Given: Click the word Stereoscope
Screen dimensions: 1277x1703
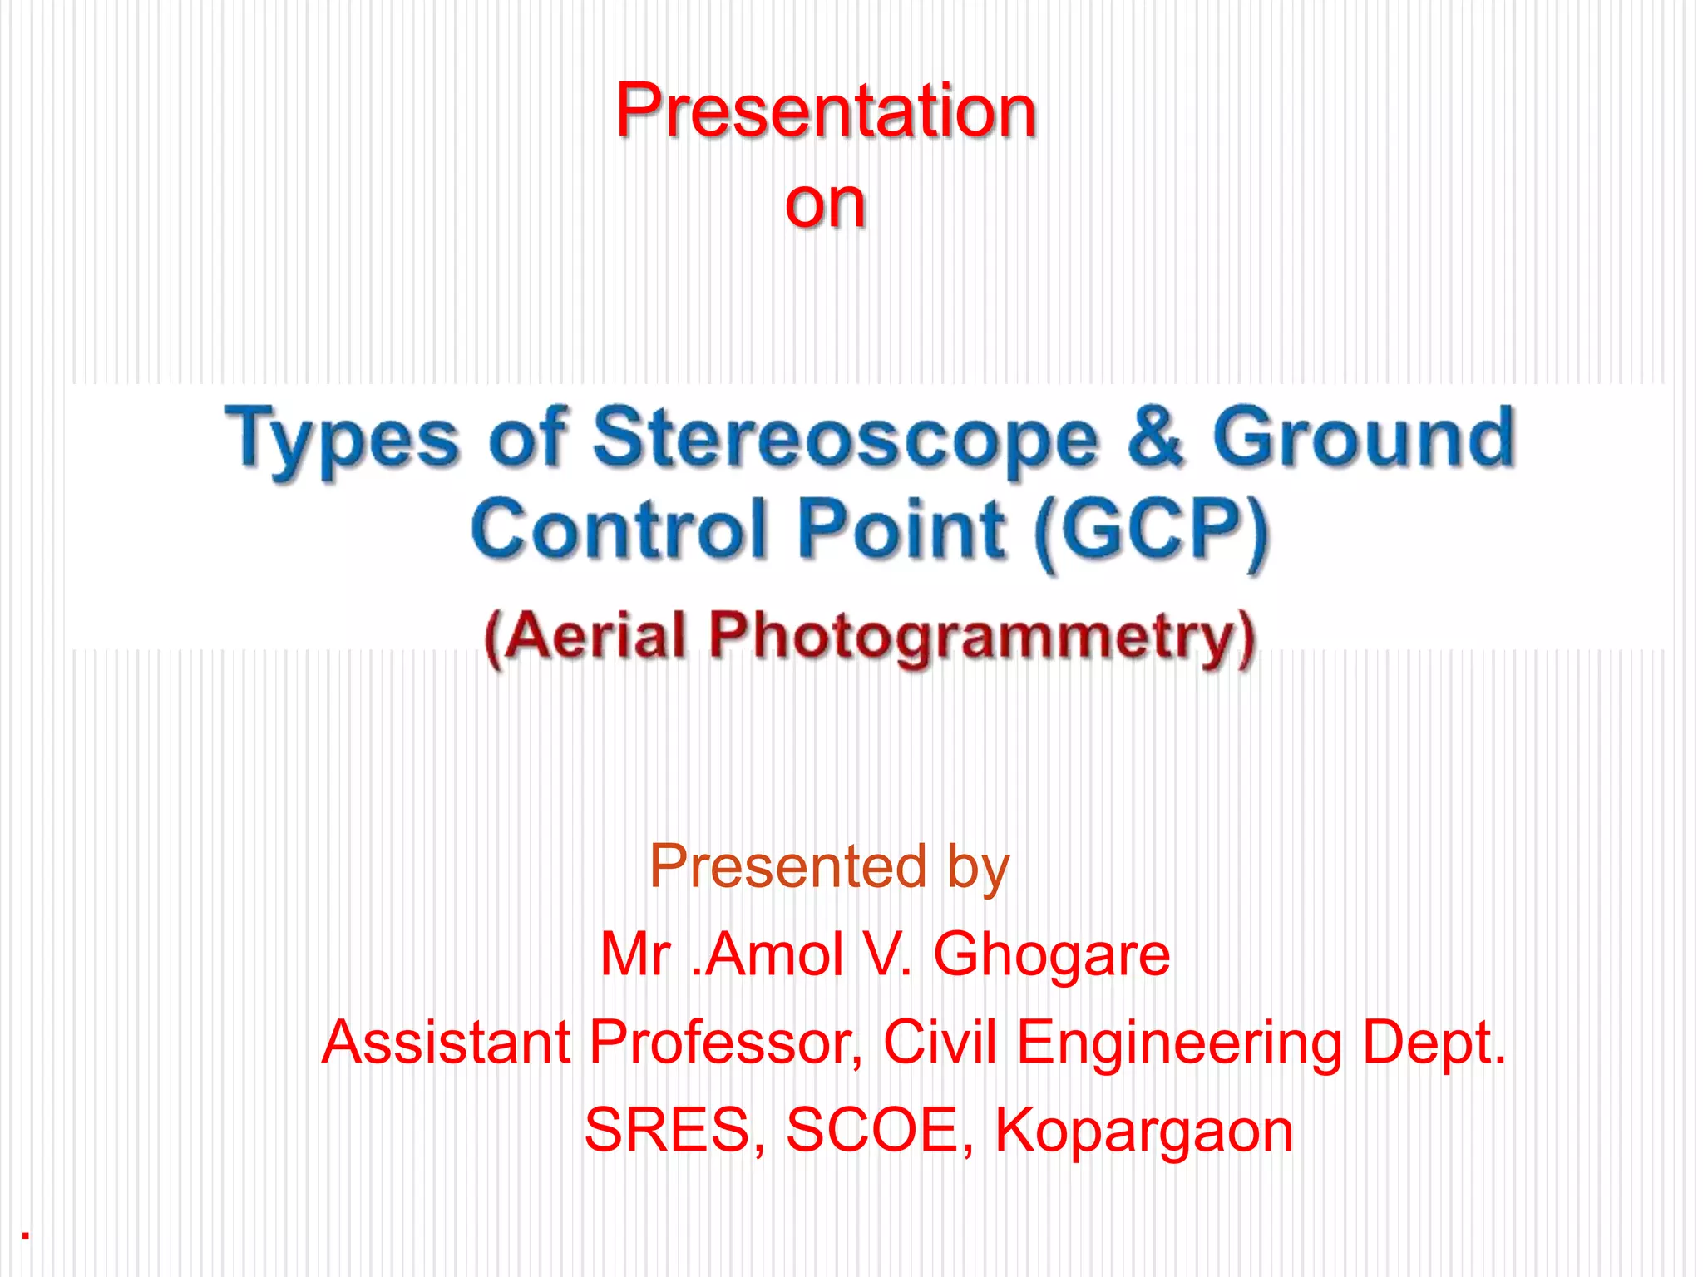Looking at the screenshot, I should [x=845, y=438].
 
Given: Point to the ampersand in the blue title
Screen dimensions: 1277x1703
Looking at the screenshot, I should [x=1155, y=436].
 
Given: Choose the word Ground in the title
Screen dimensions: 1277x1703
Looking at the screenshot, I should [x=1364, y=436].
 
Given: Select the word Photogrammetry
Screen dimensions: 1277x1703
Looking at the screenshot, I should [x=982, y=637].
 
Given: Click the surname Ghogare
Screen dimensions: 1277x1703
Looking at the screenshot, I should [x=1052, y=954].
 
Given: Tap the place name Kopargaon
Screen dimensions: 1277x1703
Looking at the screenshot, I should [x=1144, y=1132].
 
